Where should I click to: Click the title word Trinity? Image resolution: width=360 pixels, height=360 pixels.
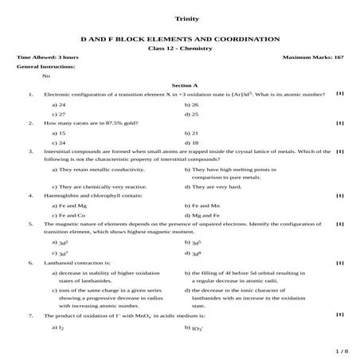pos(180,18)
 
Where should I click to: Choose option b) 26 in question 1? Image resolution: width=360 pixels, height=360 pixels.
pos(191,104)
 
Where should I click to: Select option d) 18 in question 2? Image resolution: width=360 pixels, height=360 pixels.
pos(191,143)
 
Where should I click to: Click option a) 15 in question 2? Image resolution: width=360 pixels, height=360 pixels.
pos(58,133)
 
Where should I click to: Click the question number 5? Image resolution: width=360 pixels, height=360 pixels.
pos(29,225)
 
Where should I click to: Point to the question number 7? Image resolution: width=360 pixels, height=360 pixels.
pos(29,315)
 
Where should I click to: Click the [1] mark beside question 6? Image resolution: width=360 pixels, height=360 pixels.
pos(340,261)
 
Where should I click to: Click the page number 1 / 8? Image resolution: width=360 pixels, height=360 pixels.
pos(342,350)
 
